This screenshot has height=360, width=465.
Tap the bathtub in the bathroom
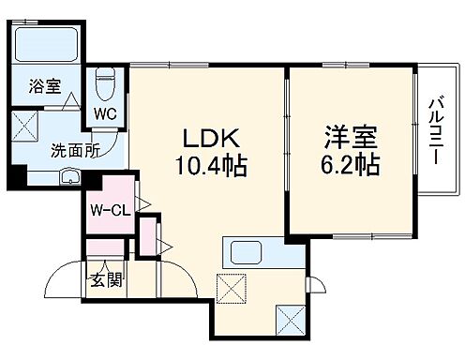pos(49,43)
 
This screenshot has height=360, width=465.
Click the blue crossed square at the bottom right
pos(290,321)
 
